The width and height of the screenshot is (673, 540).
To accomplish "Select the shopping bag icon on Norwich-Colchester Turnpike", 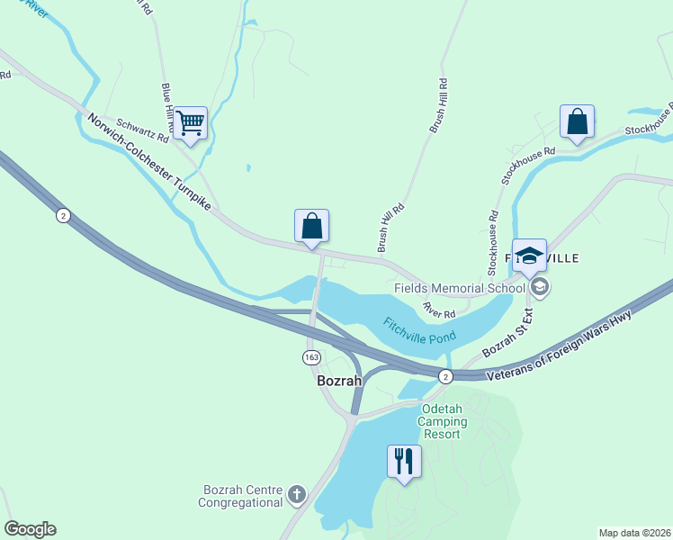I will point(311,225).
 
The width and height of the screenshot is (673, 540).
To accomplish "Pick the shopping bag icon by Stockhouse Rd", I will point(577,121).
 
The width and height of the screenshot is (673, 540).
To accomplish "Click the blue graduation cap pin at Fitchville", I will point(529,255).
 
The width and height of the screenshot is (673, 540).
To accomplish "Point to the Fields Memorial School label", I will point(459,288).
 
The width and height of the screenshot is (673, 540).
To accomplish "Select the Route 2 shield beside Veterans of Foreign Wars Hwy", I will point(444,376).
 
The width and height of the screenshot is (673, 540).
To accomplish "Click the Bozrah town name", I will point(339,381).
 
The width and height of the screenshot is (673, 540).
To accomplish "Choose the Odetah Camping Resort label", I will point(441,421).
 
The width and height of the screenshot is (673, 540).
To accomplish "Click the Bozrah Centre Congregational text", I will point(242,496).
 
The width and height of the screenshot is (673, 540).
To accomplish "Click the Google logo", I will point(30,529).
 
